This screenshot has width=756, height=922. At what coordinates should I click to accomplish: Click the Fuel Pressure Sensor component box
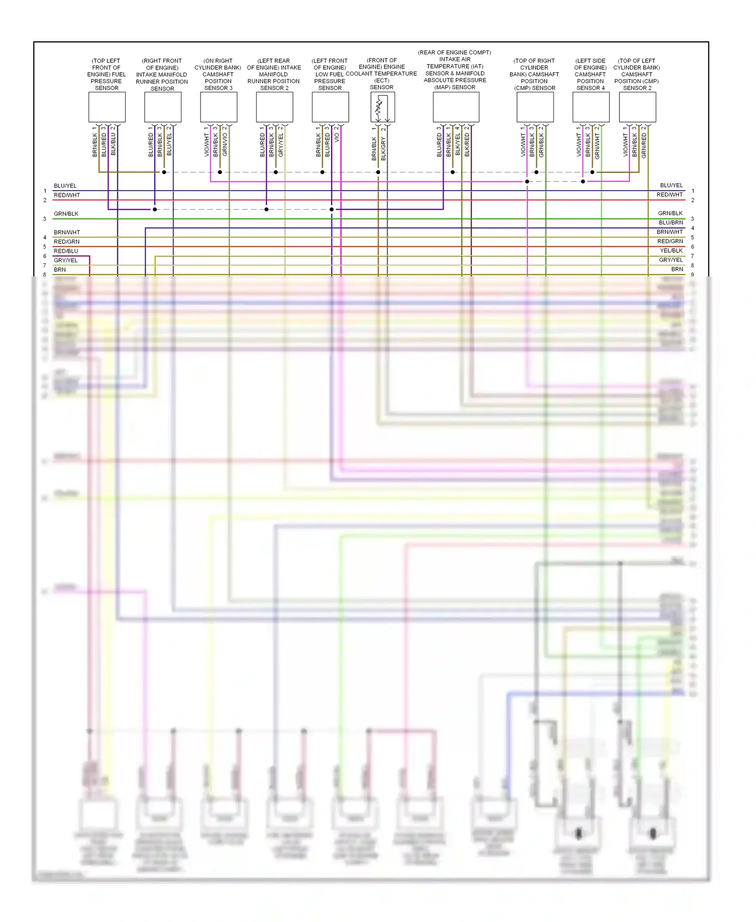pyautogui.click(x=107, y=107)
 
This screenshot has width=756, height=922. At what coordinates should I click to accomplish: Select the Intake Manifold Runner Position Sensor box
pyautogui.click(x=163, y=107)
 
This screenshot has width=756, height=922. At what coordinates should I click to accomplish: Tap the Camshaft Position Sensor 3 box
pyautogui.click(x=219, y=107)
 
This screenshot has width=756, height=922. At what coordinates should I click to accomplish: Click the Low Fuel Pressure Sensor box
pyautogui.click(x=330, y=107)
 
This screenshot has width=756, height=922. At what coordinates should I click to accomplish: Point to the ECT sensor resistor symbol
pyautogui.click(x=379, y=107)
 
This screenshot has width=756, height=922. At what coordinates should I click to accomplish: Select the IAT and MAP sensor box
pyautogui.click(x=456, y=107)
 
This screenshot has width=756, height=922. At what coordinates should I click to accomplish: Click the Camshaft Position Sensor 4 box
pyautogui.click(x=591, y=107)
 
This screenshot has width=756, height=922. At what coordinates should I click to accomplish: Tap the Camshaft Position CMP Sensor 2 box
pyautogui.click(x=637, y=107)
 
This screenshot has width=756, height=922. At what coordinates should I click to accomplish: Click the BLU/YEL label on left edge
pyautogui.click(x=65, y=186)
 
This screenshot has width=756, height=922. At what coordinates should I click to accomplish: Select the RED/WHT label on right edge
pyautogui.click(x=669, y=195)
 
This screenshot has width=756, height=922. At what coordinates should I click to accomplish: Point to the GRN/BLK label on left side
pyautogui.click(x=66, y=214)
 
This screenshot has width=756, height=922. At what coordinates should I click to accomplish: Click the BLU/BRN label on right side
pyautogui.click(x=671, y=222)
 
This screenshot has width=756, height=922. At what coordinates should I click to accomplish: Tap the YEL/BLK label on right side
pyautogui.click(x=671, y=251)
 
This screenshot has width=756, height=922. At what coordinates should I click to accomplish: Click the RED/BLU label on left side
pyautogui.click(x=66, y=251)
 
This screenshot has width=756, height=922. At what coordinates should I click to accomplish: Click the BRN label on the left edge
pyautogui.click(x=60, y=270)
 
